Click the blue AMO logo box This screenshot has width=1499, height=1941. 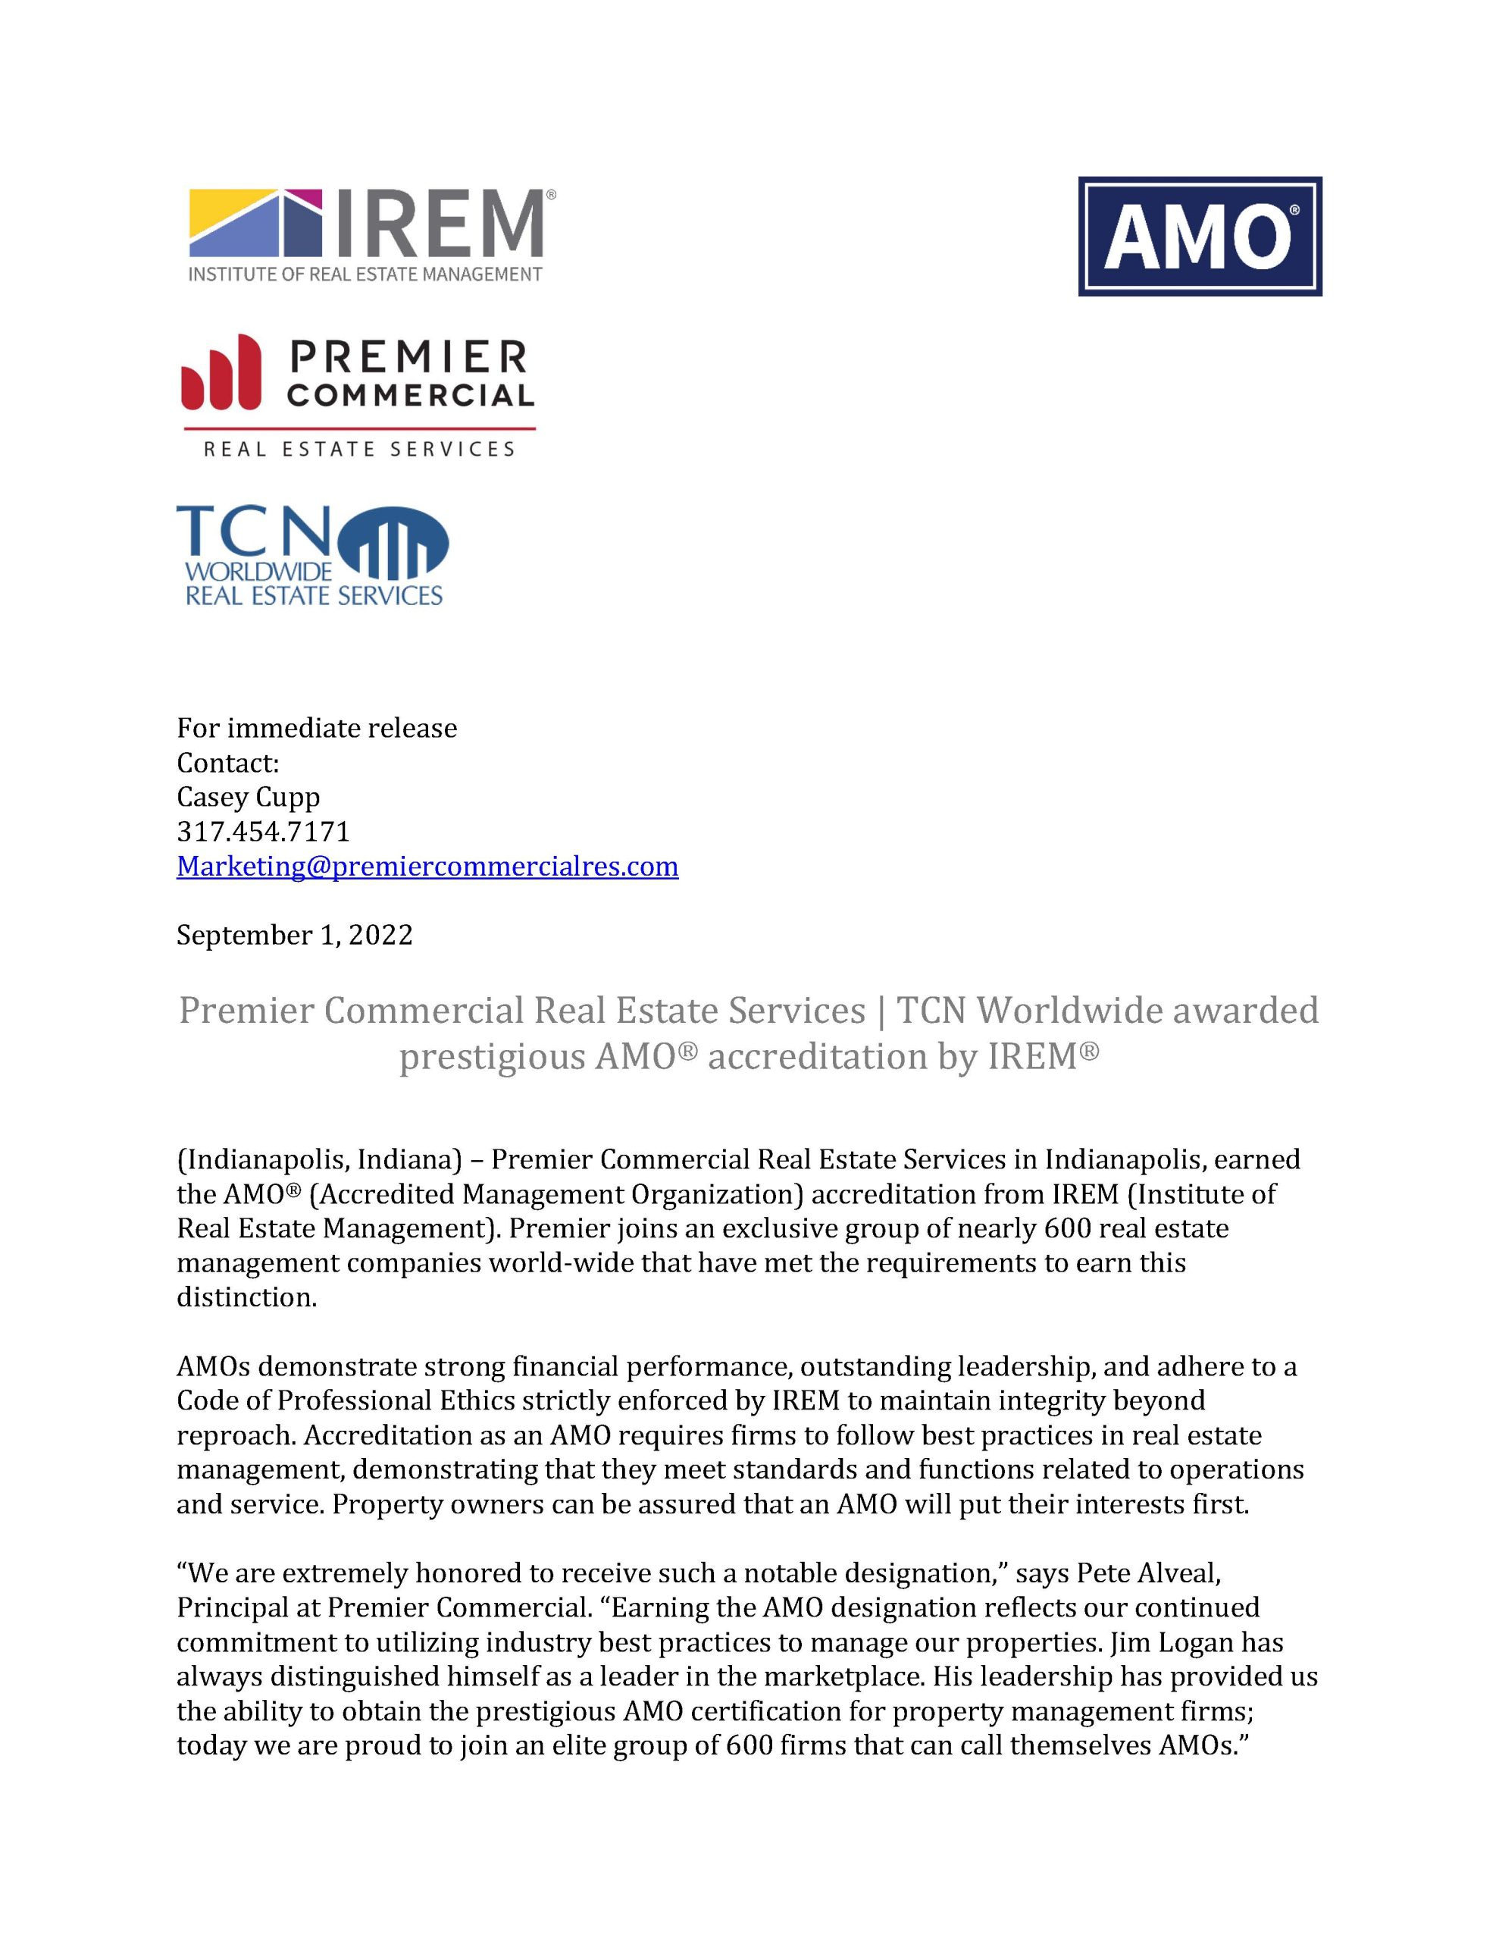[1199, 237]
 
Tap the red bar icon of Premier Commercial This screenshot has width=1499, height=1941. [221, 373]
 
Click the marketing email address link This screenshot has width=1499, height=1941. [427, 866]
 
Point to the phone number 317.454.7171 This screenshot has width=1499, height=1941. [263, 832]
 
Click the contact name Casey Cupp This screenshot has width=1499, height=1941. [248, 797]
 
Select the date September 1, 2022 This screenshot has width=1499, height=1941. [294, 935]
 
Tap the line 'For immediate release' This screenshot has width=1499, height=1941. [316, 728]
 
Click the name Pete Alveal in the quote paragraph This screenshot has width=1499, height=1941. [1147, 1573]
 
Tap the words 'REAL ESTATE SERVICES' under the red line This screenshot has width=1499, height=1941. [359, 450]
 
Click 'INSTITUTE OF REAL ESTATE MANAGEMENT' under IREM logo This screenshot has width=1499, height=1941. [365, 274]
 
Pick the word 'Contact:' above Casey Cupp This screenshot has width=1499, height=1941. [227, 763]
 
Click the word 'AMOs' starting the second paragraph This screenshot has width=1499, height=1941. [213, 1366]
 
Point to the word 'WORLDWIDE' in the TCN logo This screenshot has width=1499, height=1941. [258, 569]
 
